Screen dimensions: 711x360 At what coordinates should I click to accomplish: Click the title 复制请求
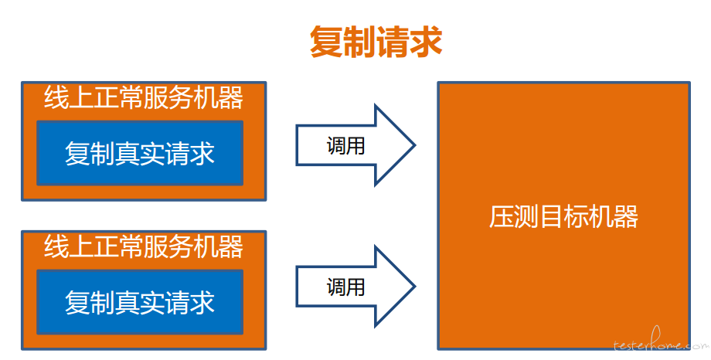coord(376,42)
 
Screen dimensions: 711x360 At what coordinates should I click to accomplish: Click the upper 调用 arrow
coord(355,145)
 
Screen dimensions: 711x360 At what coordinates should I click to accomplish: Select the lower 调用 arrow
coord(355,286)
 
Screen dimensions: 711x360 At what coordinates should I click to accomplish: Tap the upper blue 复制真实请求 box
coord(140,153)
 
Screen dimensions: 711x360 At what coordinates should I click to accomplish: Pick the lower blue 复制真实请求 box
coord(140,302)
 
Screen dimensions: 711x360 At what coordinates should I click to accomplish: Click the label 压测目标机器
coord(563,217)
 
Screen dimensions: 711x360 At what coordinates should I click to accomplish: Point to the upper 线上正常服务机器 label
coord(144,97)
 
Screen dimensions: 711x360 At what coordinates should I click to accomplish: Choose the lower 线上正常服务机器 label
coord(144,246)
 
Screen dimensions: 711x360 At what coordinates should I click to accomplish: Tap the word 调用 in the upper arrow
coord(345,146)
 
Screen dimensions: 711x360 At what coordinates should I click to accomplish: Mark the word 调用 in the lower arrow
coord(345,287)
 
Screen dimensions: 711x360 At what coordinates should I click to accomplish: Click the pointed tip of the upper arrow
coord(415,145)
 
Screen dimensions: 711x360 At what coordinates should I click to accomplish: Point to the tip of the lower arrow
coord(415,286)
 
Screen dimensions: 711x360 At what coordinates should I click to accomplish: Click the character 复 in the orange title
coord(326,42)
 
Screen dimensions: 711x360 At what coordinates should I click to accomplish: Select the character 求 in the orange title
coord(427,42)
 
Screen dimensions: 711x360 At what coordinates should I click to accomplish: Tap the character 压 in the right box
coord(501,217)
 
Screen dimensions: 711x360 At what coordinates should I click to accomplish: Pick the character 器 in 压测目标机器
coord(627,217)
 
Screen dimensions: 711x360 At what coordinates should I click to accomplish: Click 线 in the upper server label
coord(56,97)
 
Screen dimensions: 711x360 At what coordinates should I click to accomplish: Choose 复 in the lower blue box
coord(77,302)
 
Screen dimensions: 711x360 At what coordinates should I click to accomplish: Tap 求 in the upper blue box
coord(202,153)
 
